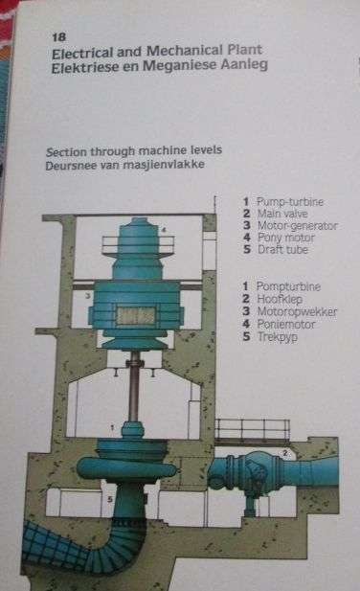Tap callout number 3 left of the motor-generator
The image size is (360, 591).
click(88, 297)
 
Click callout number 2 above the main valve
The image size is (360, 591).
click(284, 451)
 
